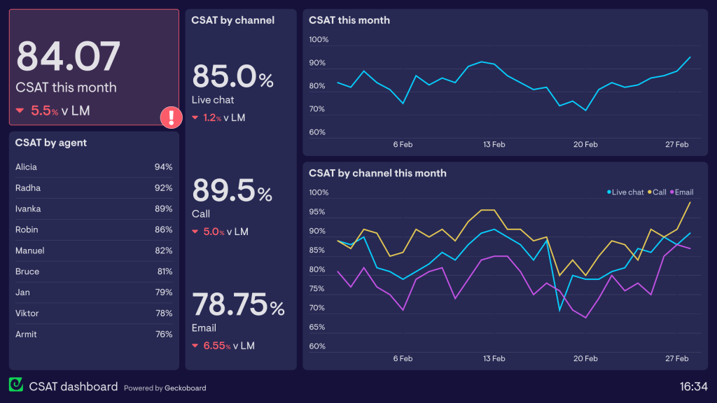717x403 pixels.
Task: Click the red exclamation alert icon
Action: [171, 117]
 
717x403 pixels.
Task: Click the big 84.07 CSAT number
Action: [68, 57]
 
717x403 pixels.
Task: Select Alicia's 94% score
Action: [163, 167]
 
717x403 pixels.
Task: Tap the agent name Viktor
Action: [27, 313]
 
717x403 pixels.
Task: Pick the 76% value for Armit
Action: [163, 334]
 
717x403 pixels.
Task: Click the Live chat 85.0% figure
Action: [232, 77]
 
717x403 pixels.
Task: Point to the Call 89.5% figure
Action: [232, 190]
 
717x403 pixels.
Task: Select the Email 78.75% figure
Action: [238, 305]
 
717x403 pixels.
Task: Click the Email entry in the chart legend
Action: [683, 192]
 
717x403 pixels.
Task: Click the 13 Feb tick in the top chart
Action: [494, 145]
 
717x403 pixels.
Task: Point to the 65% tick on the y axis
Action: [318, 327]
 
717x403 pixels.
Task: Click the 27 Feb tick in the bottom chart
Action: [677, 359]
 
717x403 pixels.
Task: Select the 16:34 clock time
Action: [693, 386]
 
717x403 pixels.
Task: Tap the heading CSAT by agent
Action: [51, 143]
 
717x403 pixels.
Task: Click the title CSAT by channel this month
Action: [377, 173]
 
